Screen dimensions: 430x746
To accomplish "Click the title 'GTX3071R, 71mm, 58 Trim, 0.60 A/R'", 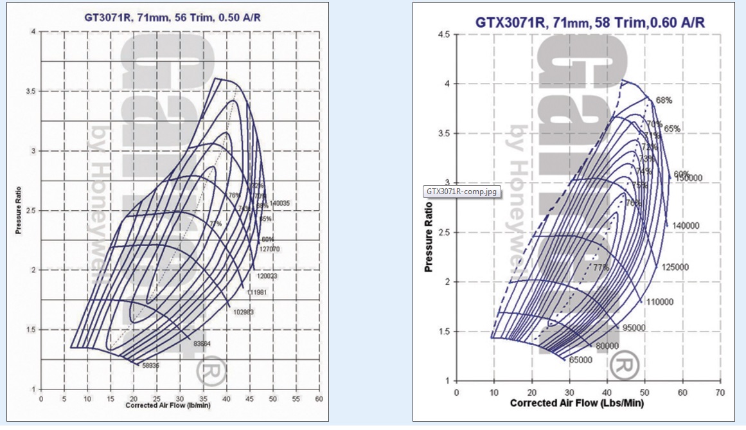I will pyautogui.click(x=590, y=22).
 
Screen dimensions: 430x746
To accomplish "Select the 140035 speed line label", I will pyautogui.click(x=281, y=203).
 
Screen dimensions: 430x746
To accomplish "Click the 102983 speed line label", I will pyautogui.click(x=244, y=312).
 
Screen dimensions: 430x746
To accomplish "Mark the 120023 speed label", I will pyautogui.click(x=267, y=276).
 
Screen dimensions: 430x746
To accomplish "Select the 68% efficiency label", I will pyautogui.click(x=664, y=100).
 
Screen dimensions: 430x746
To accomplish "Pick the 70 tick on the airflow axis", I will pyautogui.click(x=720, y=391).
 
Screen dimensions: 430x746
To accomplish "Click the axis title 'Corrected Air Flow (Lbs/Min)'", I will pyautogui.click(x=576, y=404).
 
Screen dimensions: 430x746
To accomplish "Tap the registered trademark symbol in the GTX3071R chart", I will pyautogui.click(x=621, y=366).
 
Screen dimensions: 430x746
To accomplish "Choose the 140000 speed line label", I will pyautogui.click(x=682, y=226).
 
